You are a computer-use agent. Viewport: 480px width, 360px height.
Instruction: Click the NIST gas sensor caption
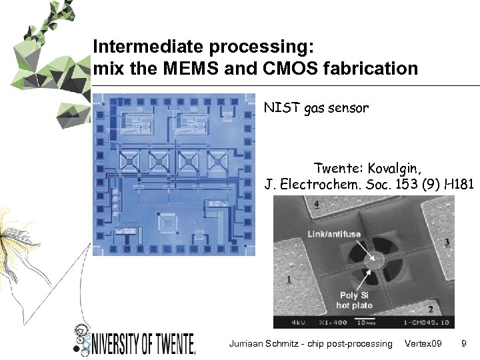(x=315, y=107)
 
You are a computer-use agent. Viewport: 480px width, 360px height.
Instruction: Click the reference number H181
(x=453, y=184)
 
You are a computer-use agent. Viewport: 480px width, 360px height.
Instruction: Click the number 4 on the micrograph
(x=316, y=203)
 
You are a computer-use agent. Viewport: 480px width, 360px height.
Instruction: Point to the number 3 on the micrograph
(x=446, y=241)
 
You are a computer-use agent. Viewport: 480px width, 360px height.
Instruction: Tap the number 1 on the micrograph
(x=288, y=279)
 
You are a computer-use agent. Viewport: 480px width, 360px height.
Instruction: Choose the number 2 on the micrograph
(x=430, y=309)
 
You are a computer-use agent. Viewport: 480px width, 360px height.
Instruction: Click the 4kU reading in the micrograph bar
(x=299, y=322)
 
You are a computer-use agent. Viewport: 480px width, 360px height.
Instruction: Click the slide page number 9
(x=463, y=343)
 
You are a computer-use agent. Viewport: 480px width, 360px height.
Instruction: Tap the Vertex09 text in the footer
(x=423, y=343)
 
